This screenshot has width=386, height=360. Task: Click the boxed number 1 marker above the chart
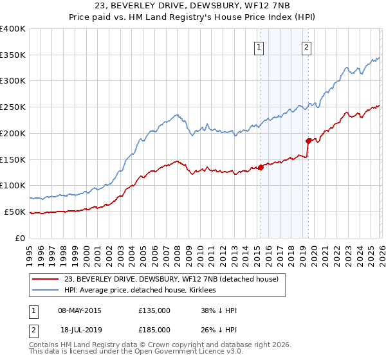tap(259, 46)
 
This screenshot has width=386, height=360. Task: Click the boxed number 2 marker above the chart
tap(307, 46)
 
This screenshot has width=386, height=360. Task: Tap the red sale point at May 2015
tap(261, 167)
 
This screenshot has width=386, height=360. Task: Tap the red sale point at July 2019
tap(308, 140)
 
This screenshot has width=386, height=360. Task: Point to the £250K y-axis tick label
tap(13, 107)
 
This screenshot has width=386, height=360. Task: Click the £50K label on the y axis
tap(15, 212)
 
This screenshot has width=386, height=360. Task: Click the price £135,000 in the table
tap(154, 310)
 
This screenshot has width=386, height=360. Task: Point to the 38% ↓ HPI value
tap(219, 310)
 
